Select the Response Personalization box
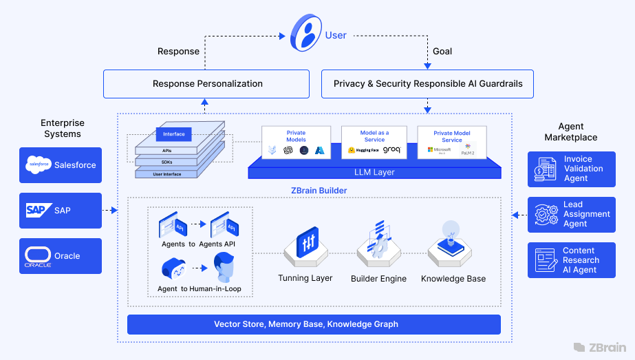point(207,84)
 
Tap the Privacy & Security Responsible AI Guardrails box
point(428,84)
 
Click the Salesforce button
point(61,165)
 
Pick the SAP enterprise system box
point(61,210)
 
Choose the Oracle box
point(61,255)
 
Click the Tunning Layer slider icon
point(305,242)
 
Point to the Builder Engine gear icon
point(378,241)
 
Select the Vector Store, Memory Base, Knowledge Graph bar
point(314,324)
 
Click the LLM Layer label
point(374,171)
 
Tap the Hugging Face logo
point(363,150)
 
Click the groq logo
point(391,149)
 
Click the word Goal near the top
point(442,52)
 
